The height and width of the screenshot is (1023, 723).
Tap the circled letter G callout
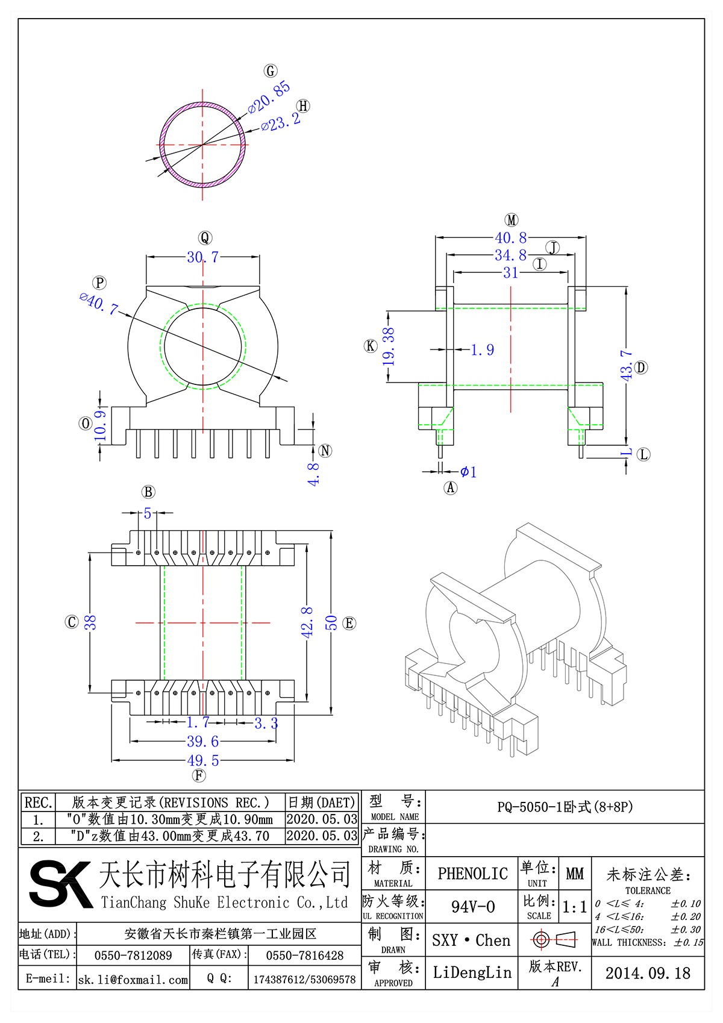tap(271, 71)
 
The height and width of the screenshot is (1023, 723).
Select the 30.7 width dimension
tap(202, 257)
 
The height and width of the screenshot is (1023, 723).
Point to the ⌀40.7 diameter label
tap(98, 302)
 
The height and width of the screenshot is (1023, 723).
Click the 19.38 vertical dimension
tap(389, 346)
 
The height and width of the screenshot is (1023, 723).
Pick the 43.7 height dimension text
tap(627, 366)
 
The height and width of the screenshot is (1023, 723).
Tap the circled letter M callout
tap(512, 221)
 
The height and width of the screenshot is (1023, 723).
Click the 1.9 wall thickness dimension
tap(482, 350)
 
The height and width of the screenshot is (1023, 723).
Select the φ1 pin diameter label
tap(468, 472)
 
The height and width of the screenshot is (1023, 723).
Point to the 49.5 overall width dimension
tap(202, 760)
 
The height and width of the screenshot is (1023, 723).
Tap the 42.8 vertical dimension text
tap(307, 622)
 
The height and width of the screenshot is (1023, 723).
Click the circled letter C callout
tap(72, 622)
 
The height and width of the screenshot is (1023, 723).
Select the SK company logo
tap(60, 884)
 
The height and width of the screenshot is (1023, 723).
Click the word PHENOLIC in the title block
tap(472, 874)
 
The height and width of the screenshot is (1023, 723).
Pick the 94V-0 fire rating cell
tap(472, 907)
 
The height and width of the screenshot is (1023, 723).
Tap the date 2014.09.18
tap(648, 974)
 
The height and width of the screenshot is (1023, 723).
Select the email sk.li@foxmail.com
tap(133, 980)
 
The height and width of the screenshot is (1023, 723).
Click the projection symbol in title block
tap(554, 939)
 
